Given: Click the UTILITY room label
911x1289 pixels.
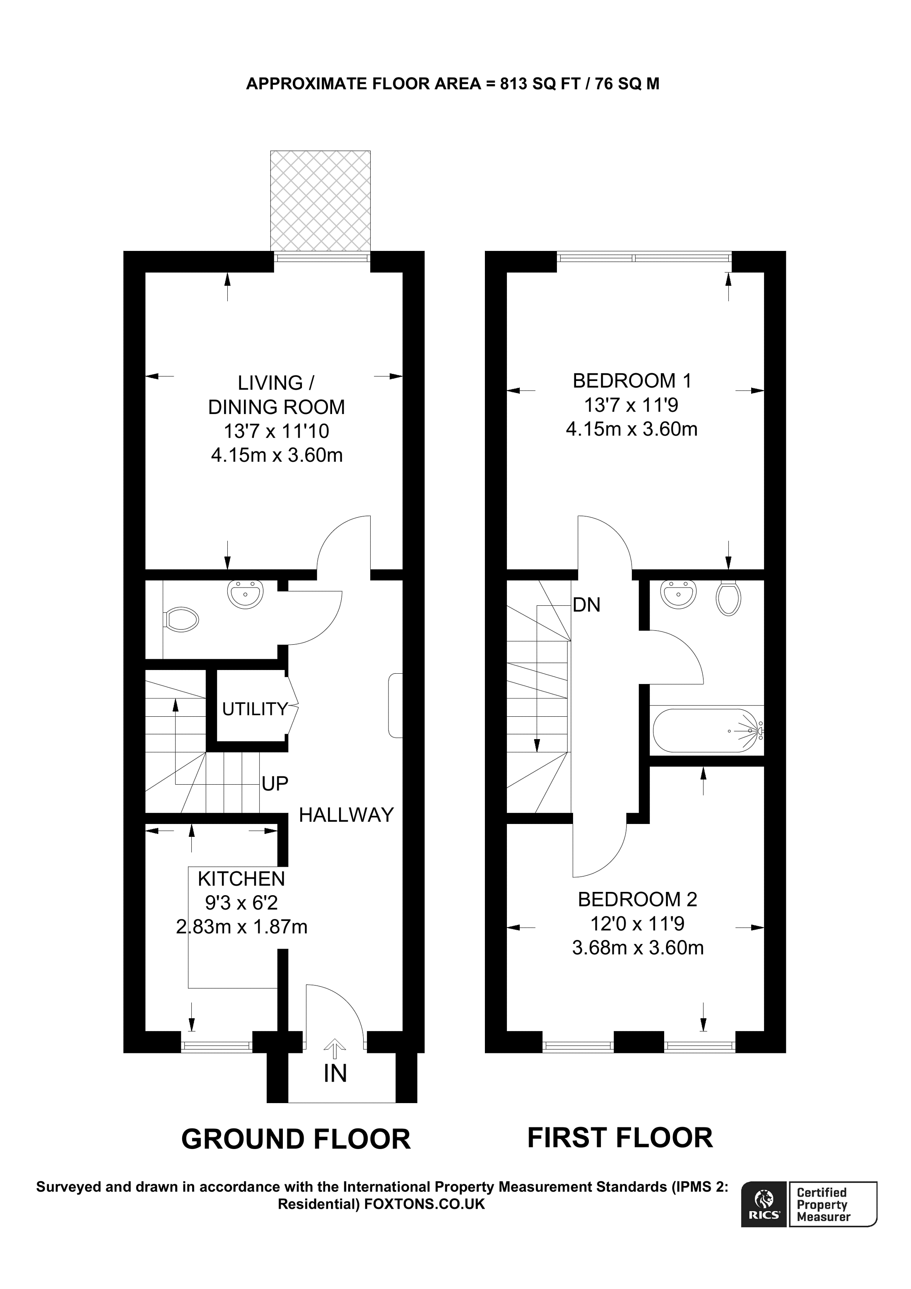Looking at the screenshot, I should [255, 709].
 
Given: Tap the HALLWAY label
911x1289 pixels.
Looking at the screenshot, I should [346, 814].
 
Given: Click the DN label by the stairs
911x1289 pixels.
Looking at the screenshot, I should [587, 605].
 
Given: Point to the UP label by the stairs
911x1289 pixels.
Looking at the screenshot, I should [275, 783].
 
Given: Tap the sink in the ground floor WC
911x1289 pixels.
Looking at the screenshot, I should [245, 594].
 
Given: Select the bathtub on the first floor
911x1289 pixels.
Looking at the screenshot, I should [706, 731].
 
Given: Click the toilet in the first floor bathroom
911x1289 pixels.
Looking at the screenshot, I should [728, 598].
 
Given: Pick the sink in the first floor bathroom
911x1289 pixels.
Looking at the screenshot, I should [679, 594].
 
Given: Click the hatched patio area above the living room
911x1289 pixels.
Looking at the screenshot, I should [320, 201].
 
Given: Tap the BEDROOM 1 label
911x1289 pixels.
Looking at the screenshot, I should [631, 381].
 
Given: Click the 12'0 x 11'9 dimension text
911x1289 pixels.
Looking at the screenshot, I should [637, 923].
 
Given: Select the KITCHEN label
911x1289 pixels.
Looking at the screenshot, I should [241, 878].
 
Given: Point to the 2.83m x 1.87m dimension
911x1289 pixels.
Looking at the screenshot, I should [241, 926].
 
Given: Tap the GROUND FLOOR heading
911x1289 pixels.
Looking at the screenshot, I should [296, 1139].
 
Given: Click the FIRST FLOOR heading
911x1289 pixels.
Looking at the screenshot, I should [619, 1137].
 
